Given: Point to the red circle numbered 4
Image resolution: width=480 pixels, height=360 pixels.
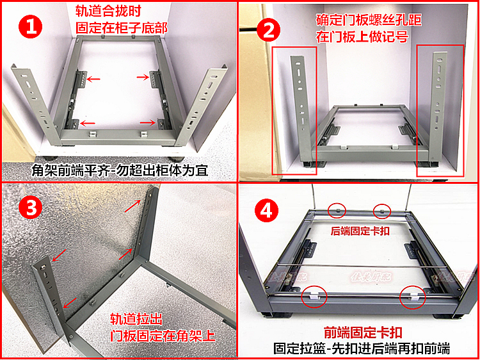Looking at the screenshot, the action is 267,211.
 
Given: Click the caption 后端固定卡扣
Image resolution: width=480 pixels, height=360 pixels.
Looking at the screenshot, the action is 360,231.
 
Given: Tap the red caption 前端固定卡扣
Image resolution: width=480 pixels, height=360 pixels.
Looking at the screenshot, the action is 363,332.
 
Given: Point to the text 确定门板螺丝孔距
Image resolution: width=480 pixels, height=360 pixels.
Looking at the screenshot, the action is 369,21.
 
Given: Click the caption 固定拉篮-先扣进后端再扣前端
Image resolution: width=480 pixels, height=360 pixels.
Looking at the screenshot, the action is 362,349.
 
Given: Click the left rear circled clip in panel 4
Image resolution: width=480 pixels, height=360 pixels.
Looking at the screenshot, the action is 337,211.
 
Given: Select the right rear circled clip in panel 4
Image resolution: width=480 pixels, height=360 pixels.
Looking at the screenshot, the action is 381,211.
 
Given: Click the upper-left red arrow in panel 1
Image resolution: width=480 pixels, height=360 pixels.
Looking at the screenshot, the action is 93,79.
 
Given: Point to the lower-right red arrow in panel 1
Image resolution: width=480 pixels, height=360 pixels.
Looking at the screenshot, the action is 148,123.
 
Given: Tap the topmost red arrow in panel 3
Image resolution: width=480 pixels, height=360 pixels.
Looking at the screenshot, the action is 132,206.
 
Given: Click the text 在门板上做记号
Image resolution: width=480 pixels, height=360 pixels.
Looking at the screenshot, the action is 362,37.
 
